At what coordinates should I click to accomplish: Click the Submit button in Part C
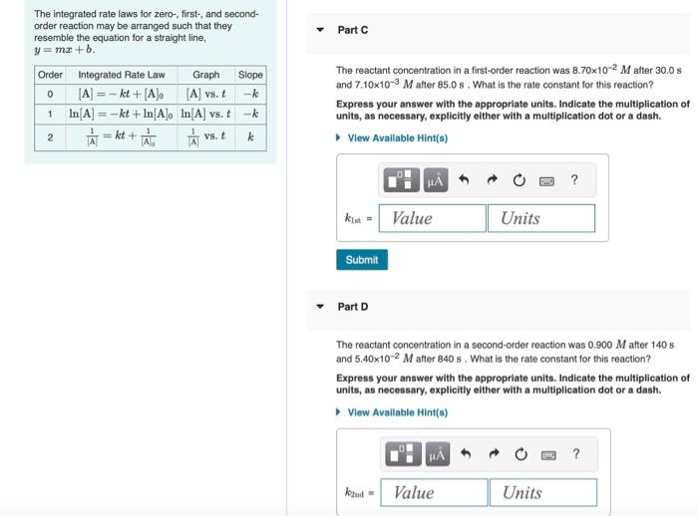(x=361, y=260)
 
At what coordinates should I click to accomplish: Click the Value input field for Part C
(x=433, y=218)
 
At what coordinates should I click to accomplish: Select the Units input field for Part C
(x=540, y=218)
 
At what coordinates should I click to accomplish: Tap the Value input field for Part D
(x=435, y=492)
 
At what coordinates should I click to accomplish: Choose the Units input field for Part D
(x=542, y=492)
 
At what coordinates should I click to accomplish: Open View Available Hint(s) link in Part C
(x=397, y=138)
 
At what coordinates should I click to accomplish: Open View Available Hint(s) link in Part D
(x=397, y=412)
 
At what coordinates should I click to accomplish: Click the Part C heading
(x=353, y=30)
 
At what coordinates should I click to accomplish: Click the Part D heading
(x=353, y=307)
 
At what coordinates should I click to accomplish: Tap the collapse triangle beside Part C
(x=320, y=30)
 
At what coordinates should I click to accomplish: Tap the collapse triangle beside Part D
(x=320, y=307)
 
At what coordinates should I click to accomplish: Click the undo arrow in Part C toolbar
(x=464, y=180)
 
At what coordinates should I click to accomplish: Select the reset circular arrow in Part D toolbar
(x=520, y=455)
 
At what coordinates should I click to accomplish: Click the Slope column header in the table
(x=251, y=75)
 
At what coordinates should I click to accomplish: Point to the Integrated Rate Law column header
(x=122, y=75)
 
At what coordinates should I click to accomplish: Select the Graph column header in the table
(x=206, y=75)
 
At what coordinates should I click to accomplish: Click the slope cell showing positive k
(x=251, y=136)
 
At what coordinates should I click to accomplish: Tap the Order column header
(x=50, y=75)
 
